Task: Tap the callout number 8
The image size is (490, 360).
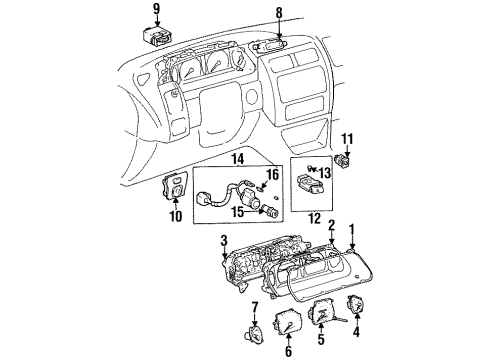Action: click(x=280, y=14)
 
